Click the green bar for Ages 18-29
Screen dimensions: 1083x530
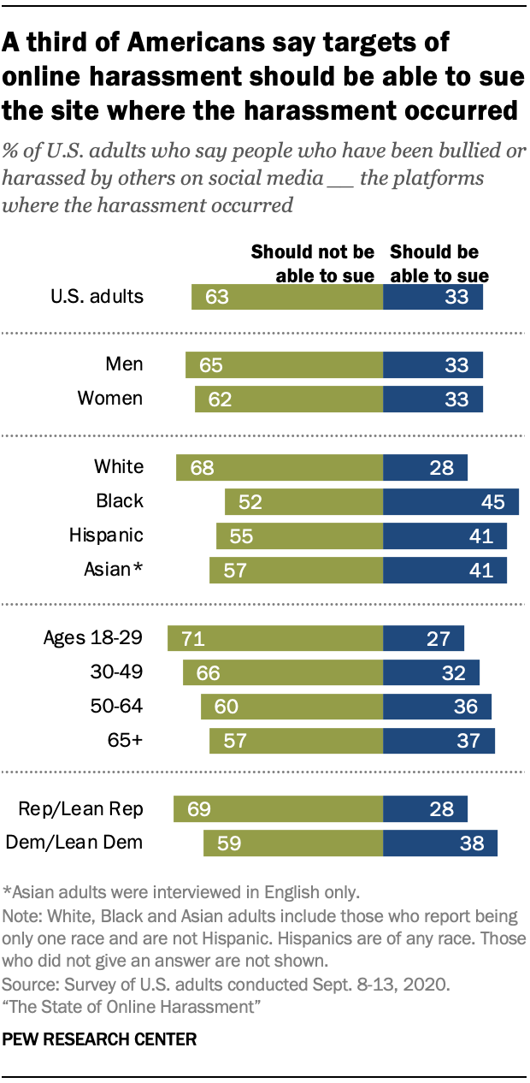click(275, 638)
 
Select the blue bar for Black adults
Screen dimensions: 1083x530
click(450, 501)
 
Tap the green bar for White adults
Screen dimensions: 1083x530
click(280, 467)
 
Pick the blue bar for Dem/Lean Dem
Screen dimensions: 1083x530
click(440, 843)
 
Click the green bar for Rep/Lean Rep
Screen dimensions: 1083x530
click(278, 808)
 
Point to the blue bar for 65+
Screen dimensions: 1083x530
click(439, 741)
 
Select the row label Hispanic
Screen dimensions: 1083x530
click(106, 536)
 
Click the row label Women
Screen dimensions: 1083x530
click(110, 399)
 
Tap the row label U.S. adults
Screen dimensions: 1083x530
click(97, 297)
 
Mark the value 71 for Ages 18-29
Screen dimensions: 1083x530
click(191, 639)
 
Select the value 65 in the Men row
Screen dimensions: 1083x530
click(209, 365)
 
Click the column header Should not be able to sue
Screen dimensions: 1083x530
click(312, 263)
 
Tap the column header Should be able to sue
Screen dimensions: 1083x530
click(439, 263)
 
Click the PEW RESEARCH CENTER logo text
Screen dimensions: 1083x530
click(100, 1040)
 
